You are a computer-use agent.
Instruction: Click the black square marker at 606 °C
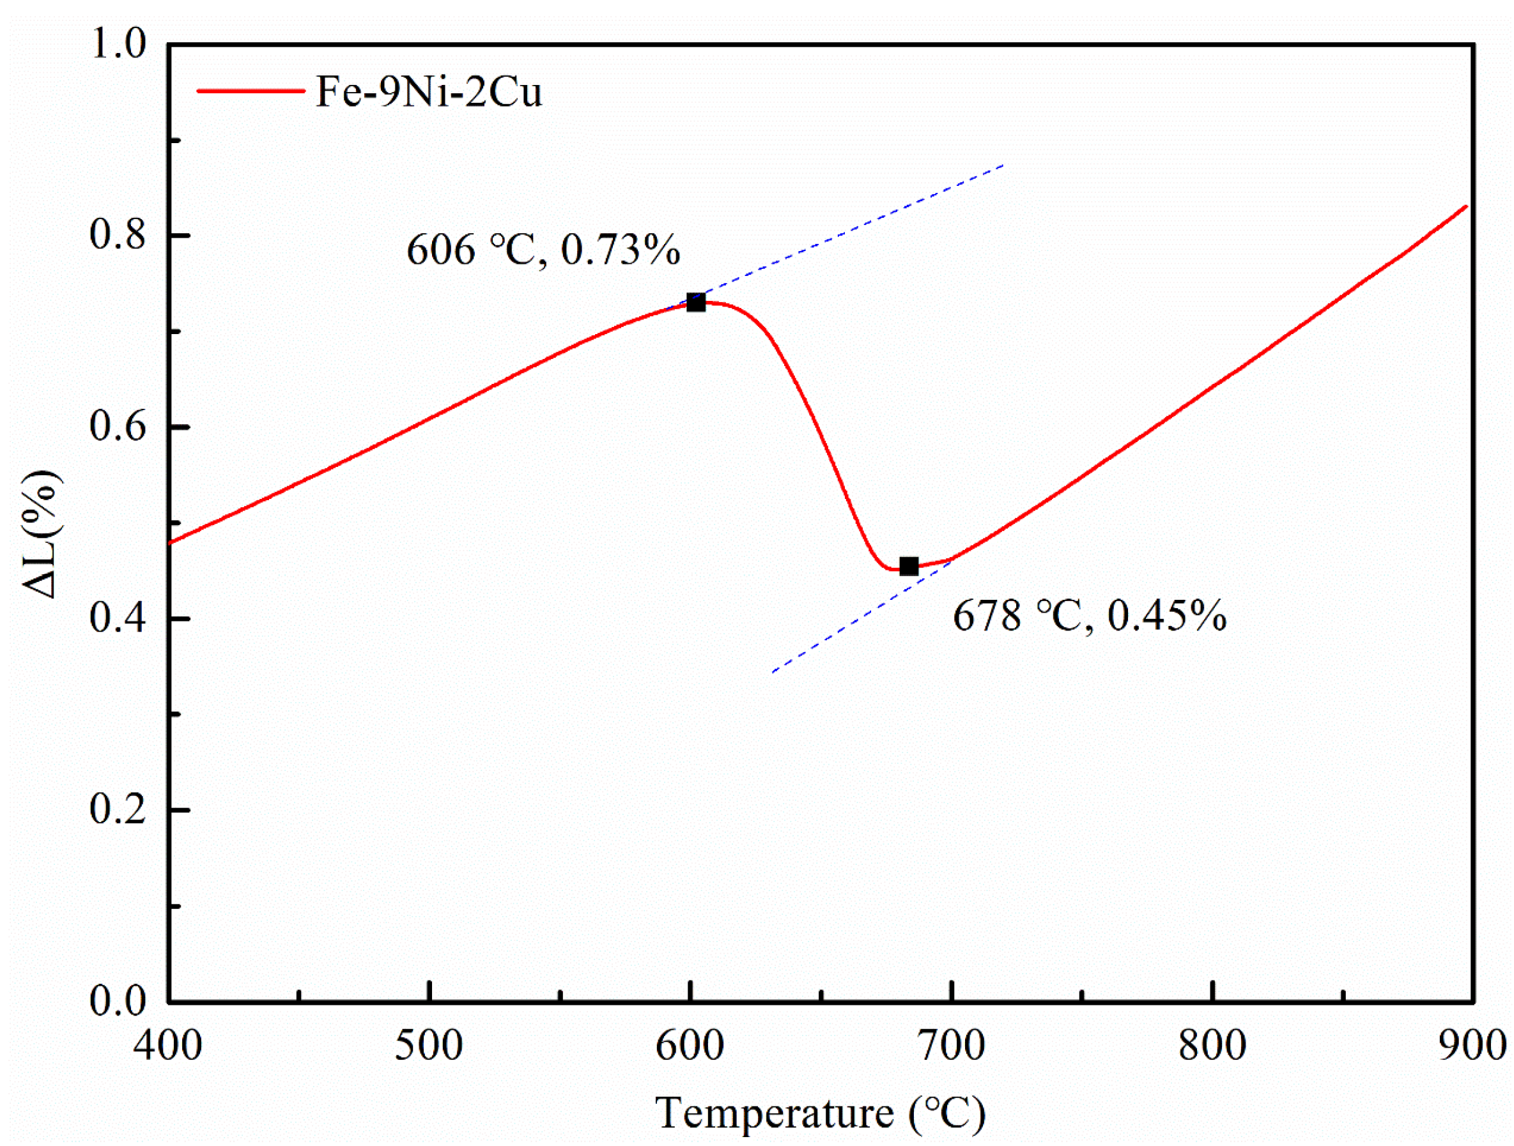click(696, 302)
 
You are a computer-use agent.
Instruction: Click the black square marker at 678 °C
click(909, 567)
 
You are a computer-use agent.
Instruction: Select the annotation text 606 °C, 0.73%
click(543, 250)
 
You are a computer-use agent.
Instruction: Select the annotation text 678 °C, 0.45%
click(1090, 615)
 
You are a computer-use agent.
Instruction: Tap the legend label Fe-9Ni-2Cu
click(428, 92)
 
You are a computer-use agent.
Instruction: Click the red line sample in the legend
click(251, 91)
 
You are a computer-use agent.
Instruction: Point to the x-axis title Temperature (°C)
click(820, 1113)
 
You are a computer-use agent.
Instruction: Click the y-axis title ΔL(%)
click(42, 533)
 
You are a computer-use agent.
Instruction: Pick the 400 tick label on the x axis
click(167, 1046)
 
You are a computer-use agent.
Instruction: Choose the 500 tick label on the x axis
click(429, 1046)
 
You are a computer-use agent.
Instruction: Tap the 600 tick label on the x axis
click(690, 1046)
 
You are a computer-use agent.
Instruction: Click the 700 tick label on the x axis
click(952, 1046)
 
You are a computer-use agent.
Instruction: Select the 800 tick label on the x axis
click(1212, 1046)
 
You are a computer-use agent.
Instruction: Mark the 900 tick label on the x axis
click(1472, 1046)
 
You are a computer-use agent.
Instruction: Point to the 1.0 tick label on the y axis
click(118, 45)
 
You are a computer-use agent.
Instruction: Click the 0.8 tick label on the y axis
click(118, 235)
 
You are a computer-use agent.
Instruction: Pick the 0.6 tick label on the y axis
click(118, 427)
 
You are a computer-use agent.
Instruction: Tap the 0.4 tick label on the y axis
click(118, 618)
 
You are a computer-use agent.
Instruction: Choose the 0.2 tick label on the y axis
click(118, 810)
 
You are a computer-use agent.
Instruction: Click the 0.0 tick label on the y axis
click(118, 1002)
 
